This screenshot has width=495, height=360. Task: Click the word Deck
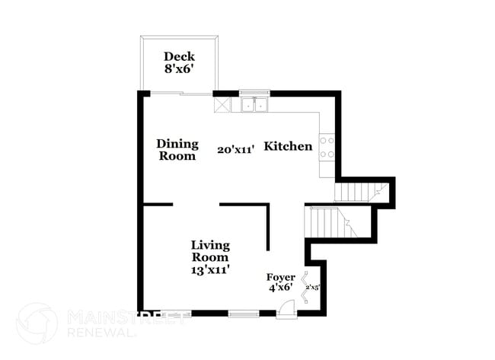coord(179,56)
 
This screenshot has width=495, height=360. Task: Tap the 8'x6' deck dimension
coord(179,68)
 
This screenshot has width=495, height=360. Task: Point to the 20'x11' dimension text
coord(235,150)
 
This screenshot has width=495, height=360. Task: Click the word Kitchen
coord(288,146)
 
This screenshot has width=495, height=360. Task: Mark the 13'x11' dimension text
coord(210,269)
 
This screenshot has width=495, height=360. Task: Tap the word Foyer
coord(280,277)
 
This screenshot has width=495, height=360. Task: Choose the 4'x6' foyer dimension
coord(280,288)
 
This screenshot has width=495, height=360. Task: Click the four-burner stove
coord(327,147)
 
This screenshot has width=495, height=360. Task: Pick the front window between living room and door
coord(244,314)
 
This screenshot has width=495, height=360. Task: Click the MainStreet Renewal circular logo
coord(36,323)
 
